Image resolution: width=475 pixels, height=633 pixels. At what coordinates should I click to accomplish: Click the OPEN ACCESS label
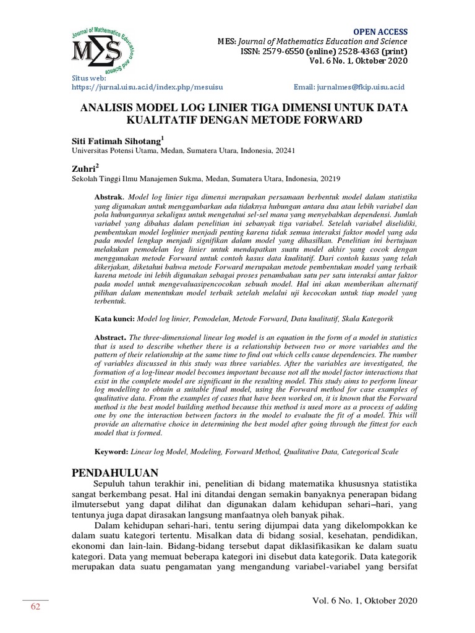pos(380,32)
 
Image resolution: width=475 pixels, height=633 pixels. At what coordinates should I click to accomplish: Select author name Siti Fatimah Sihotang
pos(116,141)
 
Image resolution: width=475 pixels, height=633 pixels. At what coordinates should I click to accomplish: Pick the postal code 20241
pos(284,150)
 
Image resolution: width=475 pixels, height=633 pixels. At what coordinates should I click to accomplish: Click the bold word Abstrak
pos(109,196)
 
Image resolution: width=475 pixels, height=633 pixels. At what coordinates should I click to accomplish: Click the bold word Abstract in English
pos(109,338)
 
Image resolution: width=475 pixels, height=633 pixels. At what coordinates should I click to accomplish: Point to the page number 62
pos(35,607)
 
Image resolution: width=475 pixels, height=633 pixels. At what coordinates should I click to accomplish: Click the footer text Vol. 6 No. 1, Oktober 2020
pos(365,601)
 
